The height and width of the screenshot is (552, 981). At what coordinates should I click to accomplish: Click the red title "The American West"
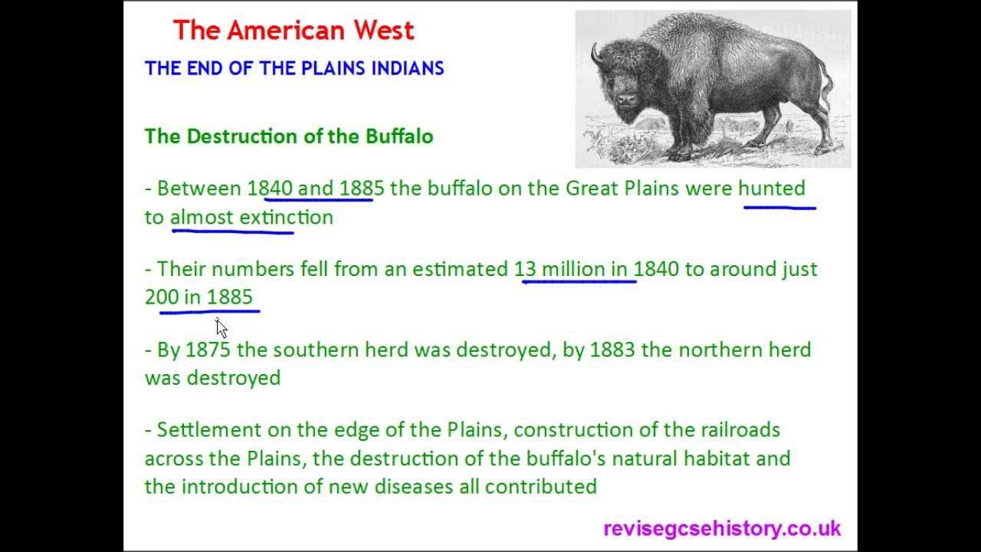(293, 31)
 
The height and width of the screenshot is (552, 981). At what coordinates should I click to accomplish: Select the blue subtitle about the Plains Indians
(294, 68)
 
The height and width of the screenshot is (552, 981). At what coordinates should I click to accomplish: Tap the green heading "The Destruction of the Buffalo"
(289, 136)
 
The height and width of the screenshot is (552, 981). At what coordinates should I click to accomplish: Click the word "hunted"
(772, 189)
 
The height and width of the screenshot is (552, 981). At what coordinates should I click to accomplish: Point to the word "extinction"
(286, 217)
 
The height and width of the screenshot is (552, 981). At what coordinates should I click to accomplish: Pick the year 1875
(208, 350)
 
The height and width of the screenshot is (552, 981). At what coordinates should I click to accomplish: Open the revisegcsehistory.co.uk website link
(722, 528)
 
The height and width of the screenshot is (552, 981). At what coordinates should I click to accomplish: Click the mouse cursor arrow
(221, 327)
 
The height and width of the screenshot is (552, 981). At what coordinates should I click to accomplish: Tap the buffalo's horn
(595, 53)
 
